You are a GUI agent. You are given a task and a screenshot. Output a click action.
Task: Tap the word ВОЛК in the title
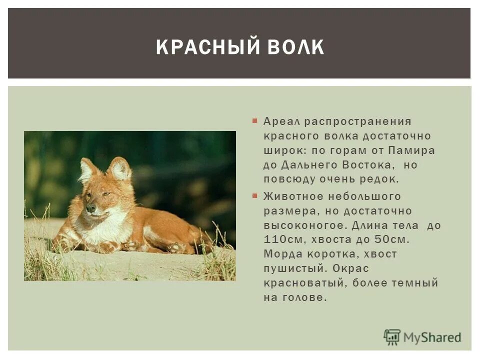pos(296,47)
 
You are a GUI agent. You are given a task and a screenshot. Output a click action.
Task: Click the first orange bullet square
pos(255,121)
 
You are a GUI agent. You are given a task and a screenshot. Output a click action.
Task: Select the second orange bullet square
pos(255,195)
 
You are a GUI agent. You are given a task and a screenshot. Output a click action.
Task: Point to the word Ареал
pos(281,121)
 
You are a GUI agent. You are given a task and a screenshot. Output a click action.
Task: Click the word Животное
pos(292,196)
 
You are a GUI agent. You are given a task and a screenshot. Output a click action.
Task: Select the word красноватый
pos(305,283)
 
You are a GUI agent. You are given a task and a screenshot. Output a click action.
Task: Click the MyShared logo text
pos(432,337)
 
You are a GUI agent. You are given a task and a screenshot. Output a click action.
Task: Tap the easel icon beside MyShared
pos(392,337)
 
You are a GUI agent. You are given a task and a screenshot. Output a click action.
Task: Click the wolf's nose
pos(90,207)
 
